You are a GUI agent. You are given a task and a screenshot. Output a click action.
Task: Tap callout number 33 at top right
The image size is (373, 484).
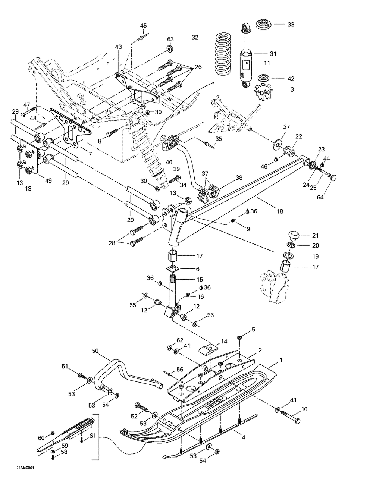coord(291,25)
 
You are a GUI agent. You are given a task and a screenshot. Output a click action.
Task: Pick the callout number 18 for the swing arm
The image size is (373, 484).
coord(280,211)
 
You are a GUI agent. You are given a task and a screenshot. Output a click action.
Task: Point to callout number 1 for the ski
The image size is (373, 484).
coord(280,361)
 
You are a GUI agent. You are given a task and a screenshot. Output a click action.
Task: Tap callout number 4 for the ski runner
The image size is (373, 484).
coord(243,437)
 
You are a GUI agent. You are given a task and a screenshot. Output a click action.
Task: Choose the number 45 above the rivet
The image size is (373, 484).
coord(143,26)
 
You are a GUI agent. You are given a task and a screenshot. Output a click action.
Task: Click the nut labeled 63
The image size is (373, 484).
coord(170,49)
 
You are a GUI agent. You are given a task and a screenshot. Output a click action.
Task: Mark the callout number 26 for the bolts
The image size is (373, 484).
coord(198,67)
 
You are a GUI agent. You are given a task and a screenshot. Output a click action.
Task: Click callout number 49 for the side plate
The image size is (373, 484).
coord(48,180)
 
